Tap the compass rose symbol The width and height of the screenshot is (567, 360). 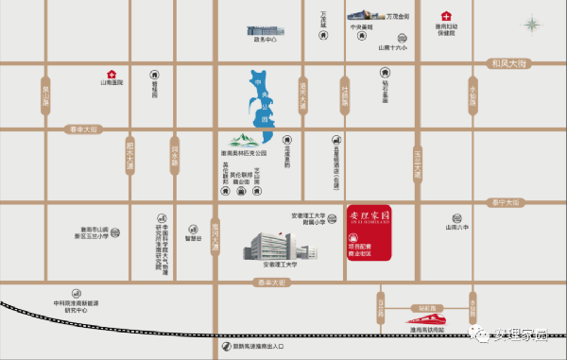coord(533,24)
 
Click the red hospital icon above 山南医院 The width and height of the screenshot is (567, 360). coord(112,73)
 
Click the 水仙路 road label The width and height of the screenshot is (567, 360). coord(472,98)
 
